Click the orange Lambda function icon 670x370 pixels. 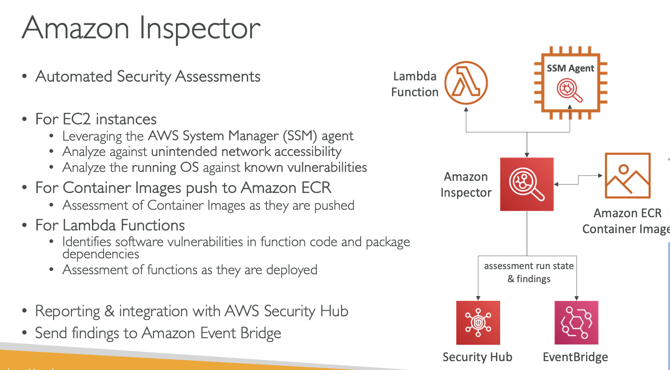[x=466, y=84]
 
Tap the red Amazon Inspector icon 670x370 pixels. [x=527, y=184]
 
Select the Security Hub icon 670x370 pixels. [x=478, y=322]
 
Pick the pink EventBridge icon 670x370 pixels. [x=576, y=322]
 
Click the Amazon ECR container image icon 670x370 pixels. [x=627, y=175]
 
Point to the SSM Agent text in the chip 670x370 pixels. [x=570, y=68]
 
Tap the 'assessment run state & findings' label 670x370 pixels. [x=529, y=272]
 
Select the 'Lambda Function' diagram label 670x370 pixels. [x=415, y=84]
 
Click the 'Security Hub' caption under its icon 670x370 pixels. [x=477, y=357]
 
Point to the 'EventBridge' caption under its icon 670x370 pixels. [x=575, y=357]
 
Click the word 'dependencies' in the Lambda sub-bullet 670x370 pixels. [x=101, y=254]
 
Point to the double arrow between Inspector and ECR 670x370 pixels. [x=579, y=180]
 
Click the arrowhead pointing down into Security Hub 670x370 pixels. [x=478, y=297]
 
